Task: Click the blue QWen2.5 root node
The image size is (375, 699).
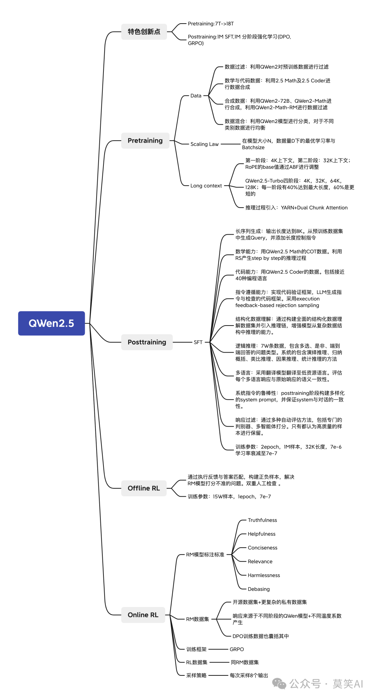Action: (x=51, y=323)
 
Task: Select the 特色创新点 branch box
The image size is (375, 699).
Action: (x=144, y=32)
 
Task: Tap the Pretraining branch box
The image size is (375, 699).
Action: (x=145, y=141)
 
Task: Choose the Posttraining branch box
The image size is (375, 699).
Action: (x=147, y=342)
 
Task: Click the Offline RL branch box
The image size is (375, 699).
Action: (x=144, y=488)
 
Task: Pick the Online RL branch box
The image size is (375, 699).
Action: (x=143, y=615)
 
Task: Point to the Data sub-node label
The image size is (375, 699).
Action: (x=196, y=96)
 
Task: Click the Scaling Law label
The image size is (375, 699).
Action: (x=205, y=144)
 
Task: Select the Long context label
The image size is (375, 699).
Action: (x=206, y=186)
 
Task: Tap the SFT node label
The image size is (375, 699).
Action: (x=198, y=342)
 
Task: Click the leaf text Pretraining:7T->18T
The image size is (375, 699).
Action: (x=211, y=24)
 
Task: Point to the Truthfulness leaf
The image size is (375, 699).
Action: (x=262, y=520)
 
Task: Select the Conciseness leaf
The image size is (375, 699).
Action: (x=262, y=548)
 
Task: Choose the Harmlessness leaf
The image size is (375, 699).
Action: (x=264, y=575)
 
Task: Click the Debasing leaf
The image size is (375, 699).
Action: (x=259, y=589)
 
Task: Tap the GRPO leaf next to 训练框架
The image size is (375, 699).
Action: (x=237, y=649)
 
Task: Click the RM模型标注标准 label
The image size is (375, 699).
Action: (x=205, y=555)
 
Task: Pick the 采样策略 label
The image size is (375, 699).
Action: (x=196, y=675)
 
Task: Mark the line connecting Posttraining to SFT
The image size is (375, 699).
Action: (x=182, y=342)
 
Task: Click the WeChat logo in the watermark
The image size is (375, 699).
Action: (x=279, y=683)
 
